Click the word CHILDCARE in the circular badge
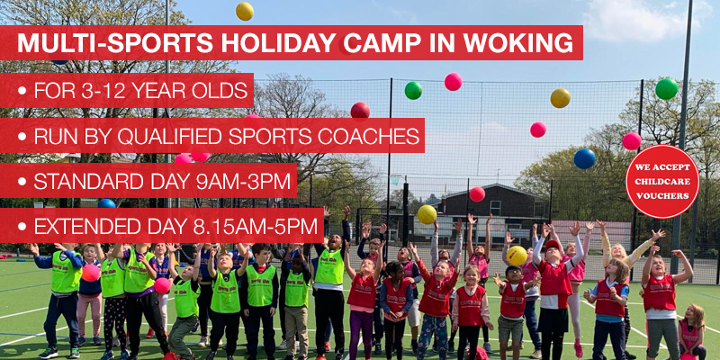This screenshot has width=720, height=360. click(x=662, y=181)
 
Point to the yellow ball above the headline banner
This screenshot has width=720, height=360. click(x=244, y=11)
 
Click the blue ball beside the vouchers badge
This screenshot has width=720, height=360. click(x=585, y=158)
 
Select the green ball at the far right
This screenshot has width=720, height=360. click(x=666, y=88)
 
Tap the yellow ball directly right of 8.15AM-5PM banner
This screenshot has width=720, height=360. click(x=427, y=214)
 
